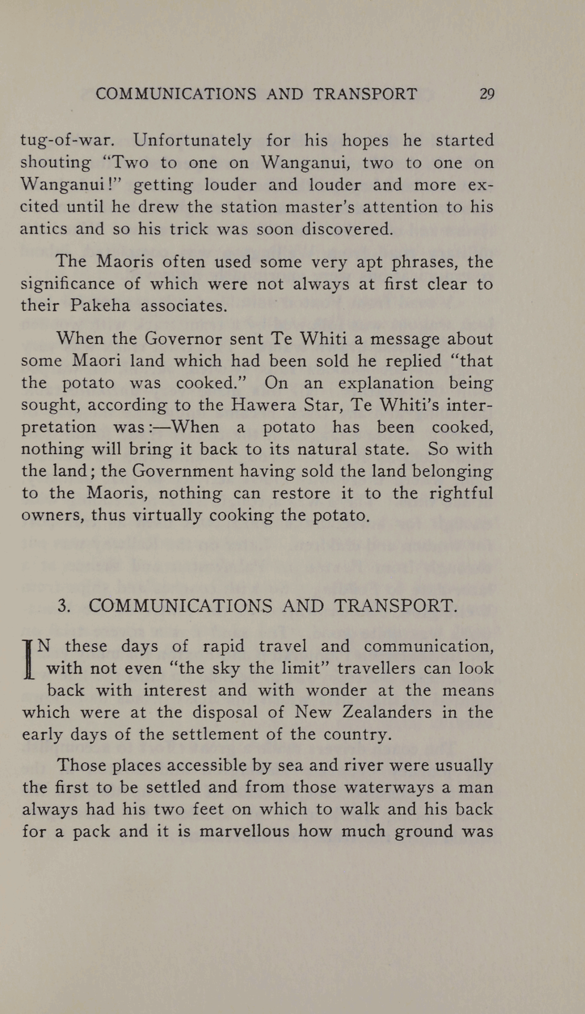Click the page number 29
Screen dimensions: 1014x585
[x=487, y=94]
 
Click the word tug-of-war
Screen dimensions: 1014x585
[x=67, y=141]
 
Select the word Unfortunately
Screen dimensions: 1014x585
[x=192, y=141]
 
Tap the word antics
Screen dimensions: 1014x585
[x=44, y=229]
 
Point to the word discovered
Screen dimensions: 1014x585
[x=347, y=229]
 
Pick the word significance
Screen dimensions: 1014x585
[x=67, y=284]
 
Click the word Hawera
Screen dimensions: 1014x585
[x=269, y=405]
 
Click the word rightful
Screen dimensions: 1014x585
[x=461, y=493]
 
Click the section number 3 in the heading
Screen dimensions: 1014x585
[x=64, y=606]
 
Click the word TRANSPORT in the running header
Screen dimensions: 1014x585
[x=365, y=94]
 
